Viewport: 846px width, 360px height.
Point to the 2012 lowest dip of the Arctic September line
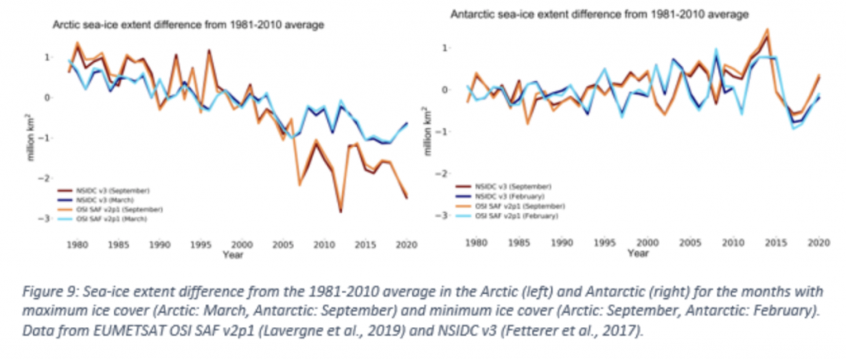[340, 212]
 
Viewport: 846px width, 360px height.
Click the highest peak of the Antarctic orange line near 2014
[768, 30]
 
